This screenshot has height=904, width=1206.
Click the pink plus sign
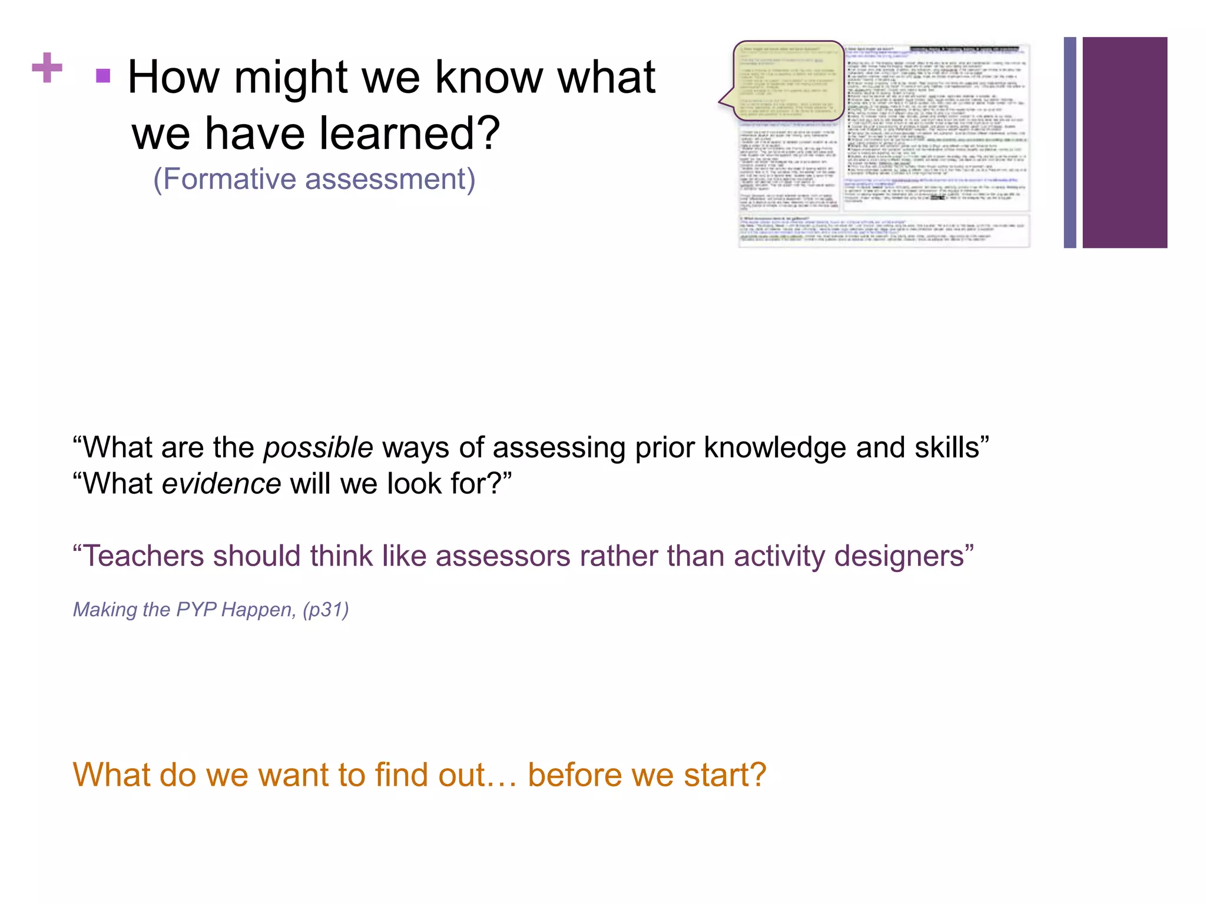(47, 68)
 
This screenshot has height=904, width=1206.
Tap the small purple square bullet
(103, 76)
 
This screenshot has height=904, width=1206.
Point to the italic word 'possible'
(318, 448)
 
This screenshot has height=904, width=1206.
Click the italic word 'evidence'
(221, 484)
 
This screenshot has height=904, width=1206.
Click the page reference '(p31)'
(326, 609)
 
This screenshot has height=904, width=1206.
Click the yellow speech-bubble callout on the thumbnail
(788, 81)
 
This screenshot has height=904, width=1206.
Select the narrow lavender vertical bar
(1069, 142)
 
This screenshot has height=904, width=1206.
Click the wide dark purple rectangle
(1125, 142)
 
